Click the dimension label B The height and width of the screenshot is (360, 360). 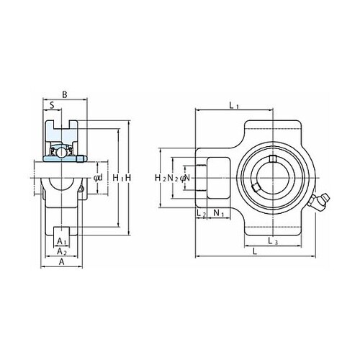(65, 94)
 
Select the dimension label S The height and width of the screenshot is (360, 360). (52, 105)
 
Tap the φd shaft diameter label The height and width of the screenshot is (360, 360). (98, 178)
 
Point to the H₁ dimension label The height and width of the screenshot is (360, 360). (118, 178)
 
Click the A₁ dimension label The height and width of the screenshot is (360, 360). (62, 241)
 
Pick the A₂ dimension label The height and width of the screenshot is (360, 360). (62, 251)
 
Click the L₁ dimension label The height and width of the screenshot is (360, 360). (234, 105)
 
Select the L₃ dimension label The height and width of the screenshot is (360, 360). (273, 240)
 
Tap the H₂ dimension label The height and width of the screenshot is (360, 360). (161, 178)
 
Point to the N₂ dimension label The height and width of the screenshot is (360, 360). (173, 178)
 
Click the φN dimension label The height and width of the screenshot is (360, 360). (185, 178)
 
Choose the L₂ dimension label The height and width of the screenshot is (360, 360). (201, 212)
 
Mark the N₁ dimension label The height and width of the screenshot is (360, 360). (218, 212)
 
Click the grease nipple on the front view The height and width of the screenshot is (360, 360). (320, 202)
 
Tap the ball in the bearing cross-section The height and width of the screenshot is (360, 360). (62, 152)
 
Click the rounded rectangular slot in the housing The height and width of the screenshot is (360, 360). (218, 178)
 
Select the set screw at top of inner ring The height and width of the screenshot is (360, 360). (273, 158)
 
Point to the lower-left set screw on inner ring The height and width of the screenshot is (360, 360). (256, 187)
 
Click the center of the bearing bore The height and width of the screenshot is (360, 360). (273, 178)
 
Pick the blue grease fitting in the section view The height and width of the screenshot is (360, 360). (81, 158)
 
